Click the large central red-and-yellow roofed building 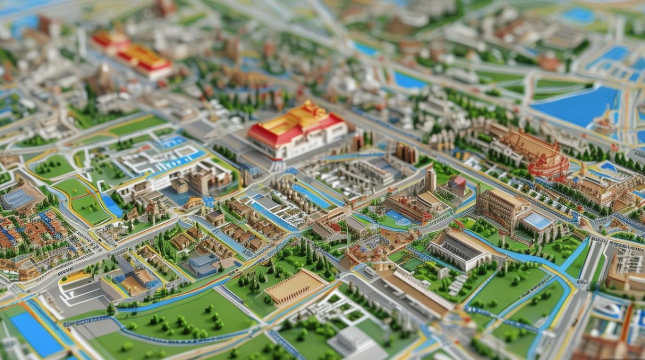298,131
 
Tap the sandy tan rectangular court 294,287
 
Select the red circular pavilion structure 548,166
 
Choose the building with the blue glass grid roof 537,221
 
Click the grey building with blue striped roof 19,197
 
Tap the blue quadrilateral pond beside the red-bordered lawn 112,205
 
